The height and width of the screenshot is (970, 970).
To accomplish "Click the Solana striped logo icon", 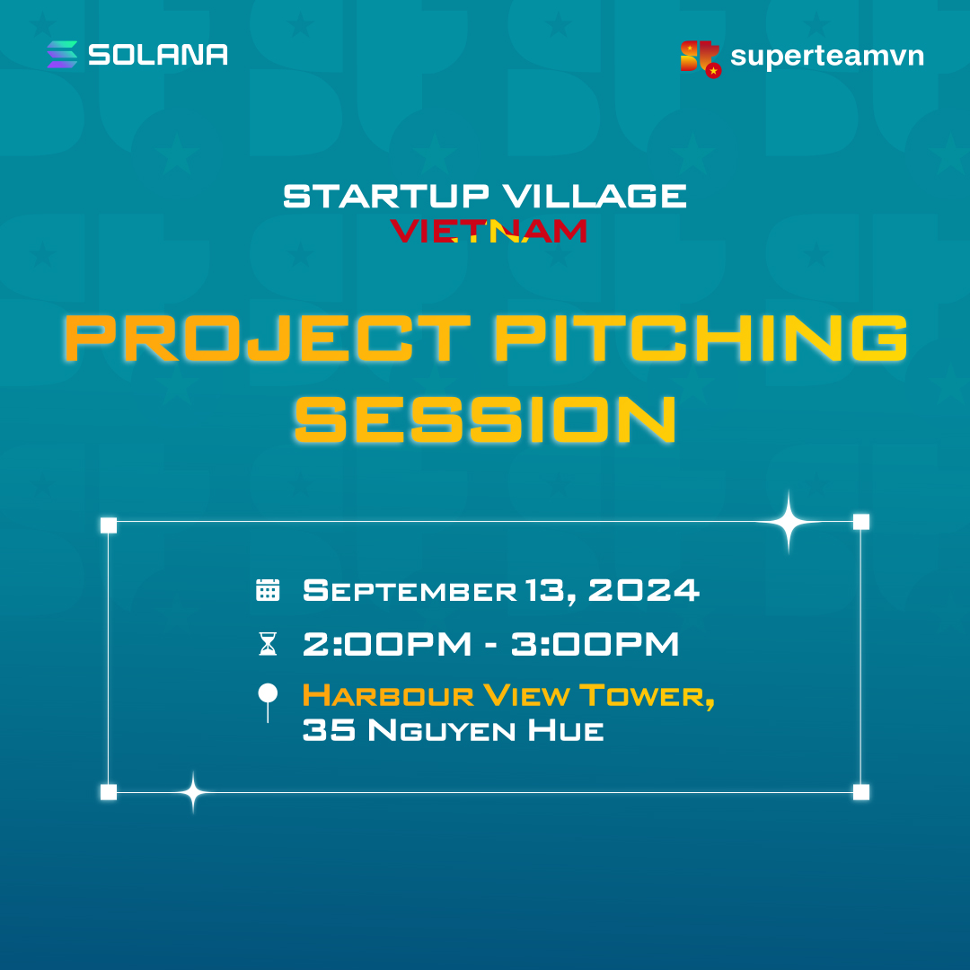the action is click(63, 55).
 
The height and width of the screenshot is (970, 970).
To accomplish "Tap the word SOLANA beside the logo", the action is click(158, 55).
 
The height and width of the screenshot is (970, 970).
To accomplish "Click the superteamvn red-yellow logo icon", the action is click(701, 58).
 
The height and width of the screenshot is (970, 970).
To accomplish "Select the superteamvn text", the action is click(827, 57).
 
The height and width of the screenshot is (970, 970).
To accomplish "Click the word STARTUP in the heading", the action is click(386, 196).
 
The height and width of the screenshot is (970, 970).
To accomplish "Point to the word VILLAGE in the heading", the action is click(595, 196).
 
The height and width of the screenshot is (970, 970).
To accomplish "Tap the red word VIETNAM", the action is click(488, 231).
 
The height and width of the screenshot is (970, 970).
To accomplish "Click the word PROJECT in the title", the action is click(268, 338).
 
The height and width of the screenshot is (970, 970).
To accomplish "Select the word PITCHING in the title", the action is click(701, 338).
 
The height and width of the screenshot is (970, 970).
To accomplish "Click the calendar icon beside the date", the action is click(268, 590).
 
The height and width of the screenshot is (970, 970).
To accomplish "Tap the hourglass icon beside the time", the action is click(268, 644).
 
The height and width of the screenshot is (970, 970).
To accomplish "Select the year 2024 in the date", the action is click(643, 590).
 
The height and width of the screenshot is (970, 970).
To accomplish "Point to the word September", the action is click(410, 590).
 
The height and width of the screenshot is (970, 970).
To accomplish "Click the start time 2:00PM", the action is click(387, 644).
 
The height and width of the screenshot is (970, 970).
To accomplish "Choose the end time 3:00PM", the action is click(595, 644).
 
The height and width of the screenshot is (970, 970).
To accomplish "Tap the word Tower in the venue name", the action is click(647, 696).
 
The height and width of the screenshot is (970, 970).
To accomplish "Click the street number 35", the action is click(329, 730).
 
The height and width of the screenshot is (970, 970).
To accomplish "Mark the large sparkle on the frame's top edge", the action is click(789, 523).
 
